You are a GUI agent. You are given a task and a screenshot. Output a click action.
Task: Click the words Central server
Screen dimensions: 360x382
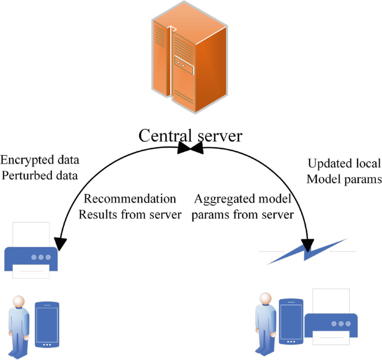190,136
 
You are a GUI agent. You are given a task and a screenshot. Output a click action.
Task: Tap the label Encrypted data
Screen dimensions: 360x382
40,160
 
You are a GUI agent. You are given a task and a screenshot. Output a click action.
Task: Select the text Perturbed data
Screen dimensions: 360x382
40,176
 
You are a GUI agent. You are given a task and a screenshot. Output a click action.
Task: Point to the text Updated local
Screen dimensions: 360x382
344,164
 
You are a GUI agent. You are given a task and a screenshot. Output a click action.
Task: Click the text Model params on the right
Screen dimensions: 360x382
344,179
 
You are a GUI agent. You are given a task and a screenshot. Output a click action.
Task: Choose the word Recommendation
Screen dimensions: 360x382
130,199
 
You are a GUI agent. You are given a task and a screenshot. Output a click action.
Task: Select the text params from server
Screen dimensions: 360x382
243,215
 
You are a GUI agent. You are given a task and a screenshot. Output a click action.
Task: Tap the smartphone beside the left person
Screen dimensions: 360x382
47,325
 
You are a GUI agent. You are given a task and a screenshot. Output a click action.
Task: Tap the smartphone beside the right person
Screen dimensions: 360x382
291,322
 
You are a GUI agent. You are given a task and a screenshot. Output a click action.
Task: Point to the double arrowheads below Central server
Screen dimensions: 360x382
191,148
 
